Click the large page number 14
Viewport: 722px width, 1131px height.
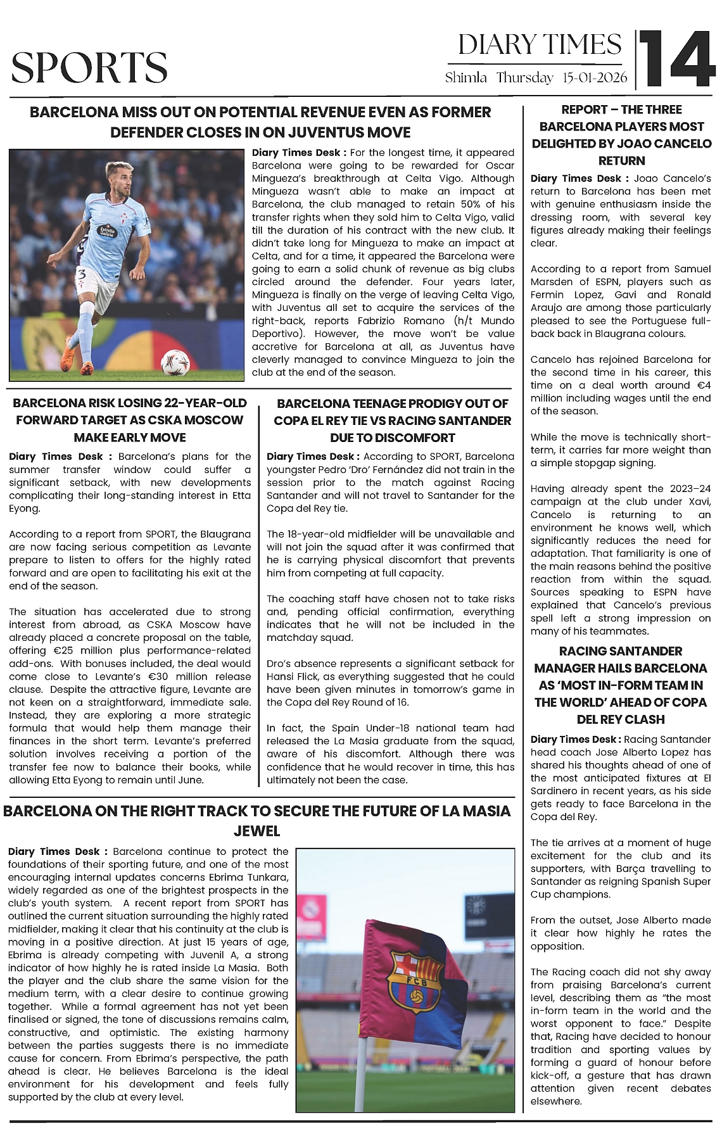[676, 59]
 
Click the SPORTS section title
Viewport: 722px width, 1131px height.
[89, 68]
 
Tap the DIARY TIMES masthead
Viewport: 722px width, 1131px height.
[540, 45]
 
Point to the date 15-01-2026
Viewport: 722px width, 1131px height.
[595, 78]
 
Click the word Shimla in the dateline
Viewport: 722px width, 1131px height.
[466, 78]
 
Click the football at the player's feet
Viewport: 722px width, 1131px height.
[175, 363]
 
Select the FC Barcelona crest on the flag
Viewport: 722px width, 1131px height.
[416, 979]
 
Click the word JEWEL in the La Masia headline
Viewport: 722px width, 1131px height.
[256, 831]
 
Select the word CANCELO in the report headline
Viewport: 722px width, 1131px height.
[685, 144]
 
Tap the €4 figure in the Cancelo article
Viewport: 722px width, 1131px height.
[703, 385]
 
